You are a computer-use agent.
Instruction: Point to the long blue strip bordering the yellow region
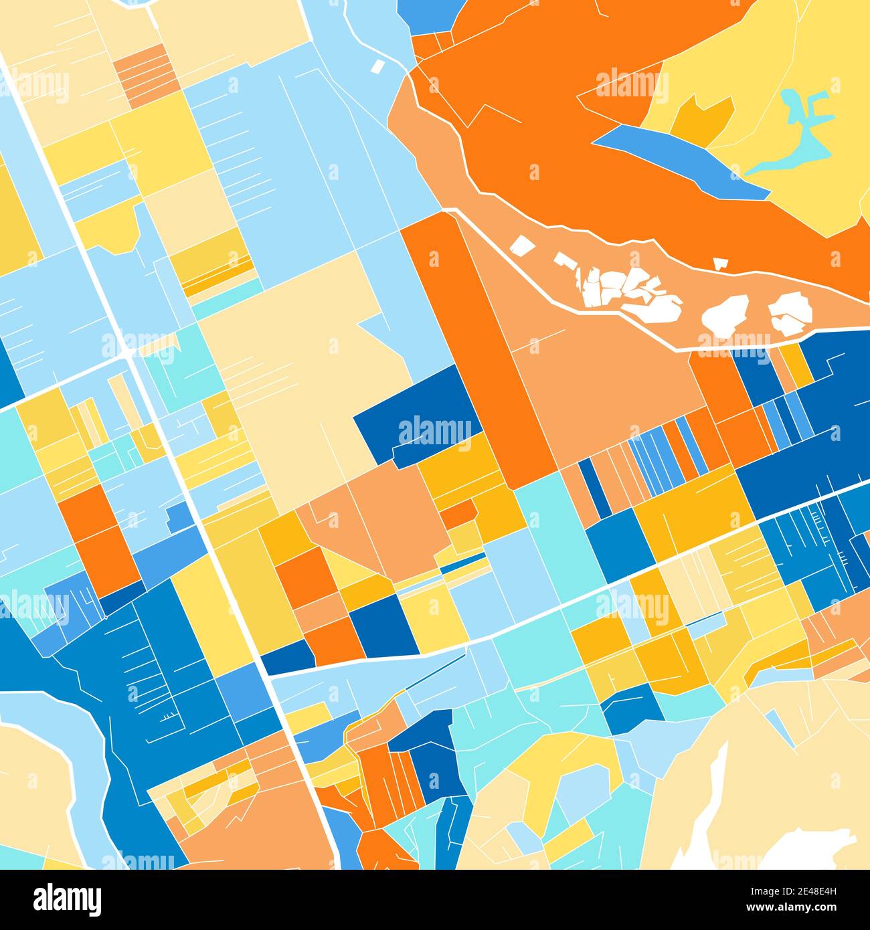click(x=683, y=161)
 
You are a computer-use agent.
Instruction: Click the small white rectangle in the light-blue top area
click(x=377, y=66)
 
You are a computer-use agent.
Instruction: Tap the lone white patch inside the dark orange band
click(x=720, y=263)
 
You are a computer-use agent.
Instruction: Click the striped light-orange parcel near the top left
click(x=146, y=75)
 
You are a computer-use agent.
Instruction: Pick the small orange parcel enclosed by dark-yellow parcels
click(x=458, y=514)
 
